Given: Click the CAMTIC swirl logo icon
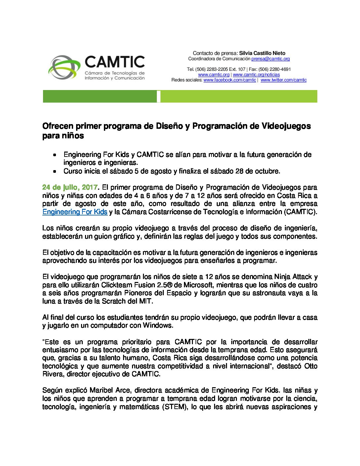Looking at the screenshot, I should pos(64,67).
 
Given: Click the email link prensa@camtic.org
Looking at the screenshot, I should pos(270,59).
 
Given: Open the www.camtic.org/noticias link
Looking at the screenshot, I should pos(256,75).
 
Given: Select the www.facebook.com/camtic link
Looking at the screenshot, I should pos(230,80).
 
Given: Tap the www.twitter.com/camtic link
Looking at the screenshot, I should pos(284,80).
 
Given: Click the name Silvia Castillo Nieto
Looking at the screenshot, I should pos(262,53).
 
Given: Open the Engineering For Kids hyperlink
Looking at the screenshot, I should pos(75,212).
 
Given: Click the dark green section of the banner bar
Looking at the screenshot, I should pos(99,96).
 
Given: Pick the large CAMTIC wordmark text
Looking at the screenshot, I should pos(115,62).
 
